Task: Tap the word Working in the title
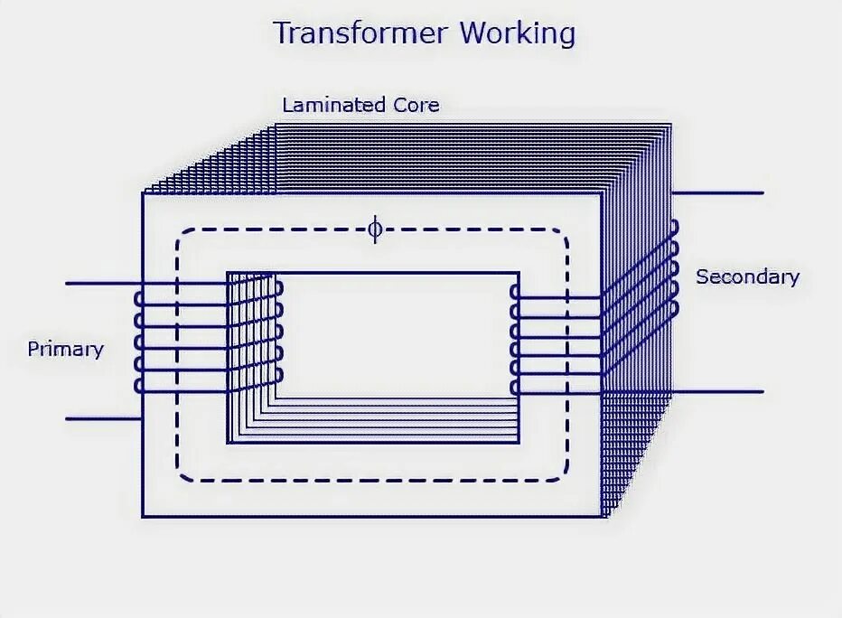[517, 33]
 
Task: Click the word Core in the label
[416, 105]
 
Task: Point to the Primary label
[65, 349]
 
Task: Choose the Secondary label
[747, 276]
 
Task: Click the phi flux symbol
[374, 229]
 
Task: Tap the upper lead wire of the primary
[99, 284]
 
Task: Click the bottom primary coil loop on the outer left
[138, 385]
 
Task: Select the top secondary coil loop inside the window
[514, 293]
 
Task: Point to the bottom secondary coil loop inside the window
[514, 387]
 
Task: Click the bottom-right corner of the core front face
[603, 516]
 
